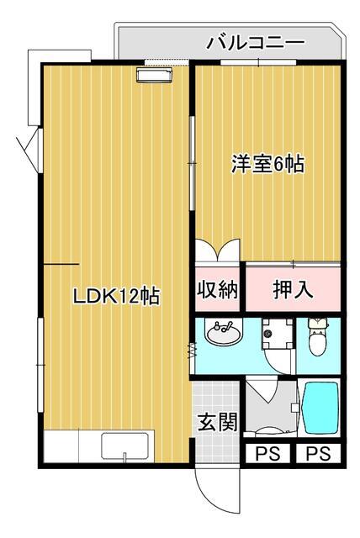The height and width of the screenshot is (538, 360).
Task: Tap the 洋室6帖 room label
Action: [x=267, y=164]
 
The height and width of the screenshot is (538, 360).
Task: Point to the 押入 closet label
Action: [x=293, y=290]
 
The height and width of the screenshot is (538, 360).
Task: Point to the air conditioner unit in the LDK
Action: [x=154, y=75]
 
